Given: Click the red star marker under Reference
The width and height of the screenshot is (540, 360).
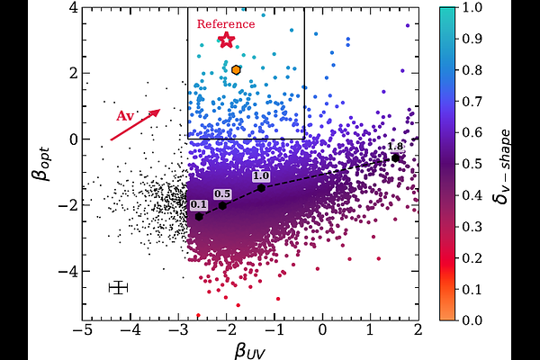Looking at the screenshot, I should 226,40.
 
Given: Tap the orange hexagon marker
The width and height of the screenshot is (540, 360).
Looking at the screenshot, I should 236,69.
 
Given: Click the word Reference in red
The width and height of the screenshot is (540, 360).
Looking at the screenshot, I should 226,24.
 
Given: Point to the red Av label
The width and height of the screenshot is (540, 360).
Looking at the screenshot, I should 125,116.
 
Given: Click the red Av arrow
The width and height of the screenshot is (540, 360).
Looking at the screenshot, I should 135,125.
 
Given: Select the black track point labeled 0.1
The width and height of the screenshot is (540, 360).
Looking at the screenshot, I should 199,216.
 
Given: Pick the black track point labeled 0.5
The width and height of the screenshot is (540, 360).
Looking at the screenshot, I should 223,205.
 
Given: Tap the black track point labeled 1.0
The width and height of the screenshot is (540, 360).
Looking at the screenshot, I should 261,187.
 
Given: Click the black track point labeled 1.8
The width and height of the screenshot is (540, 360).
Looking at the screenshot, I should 395,157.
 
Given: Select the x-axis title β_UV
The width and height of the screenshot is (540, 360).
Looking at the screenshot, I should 251,347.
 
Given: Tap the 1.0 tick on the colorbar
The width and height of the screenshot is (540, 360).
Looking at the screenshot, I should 470,7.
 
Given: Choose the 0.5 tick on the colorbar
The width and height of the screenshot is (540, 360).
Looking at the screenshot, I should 470,163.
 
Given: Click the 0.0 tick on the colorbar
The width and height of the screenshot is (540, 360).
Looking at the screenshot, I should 470,319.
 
